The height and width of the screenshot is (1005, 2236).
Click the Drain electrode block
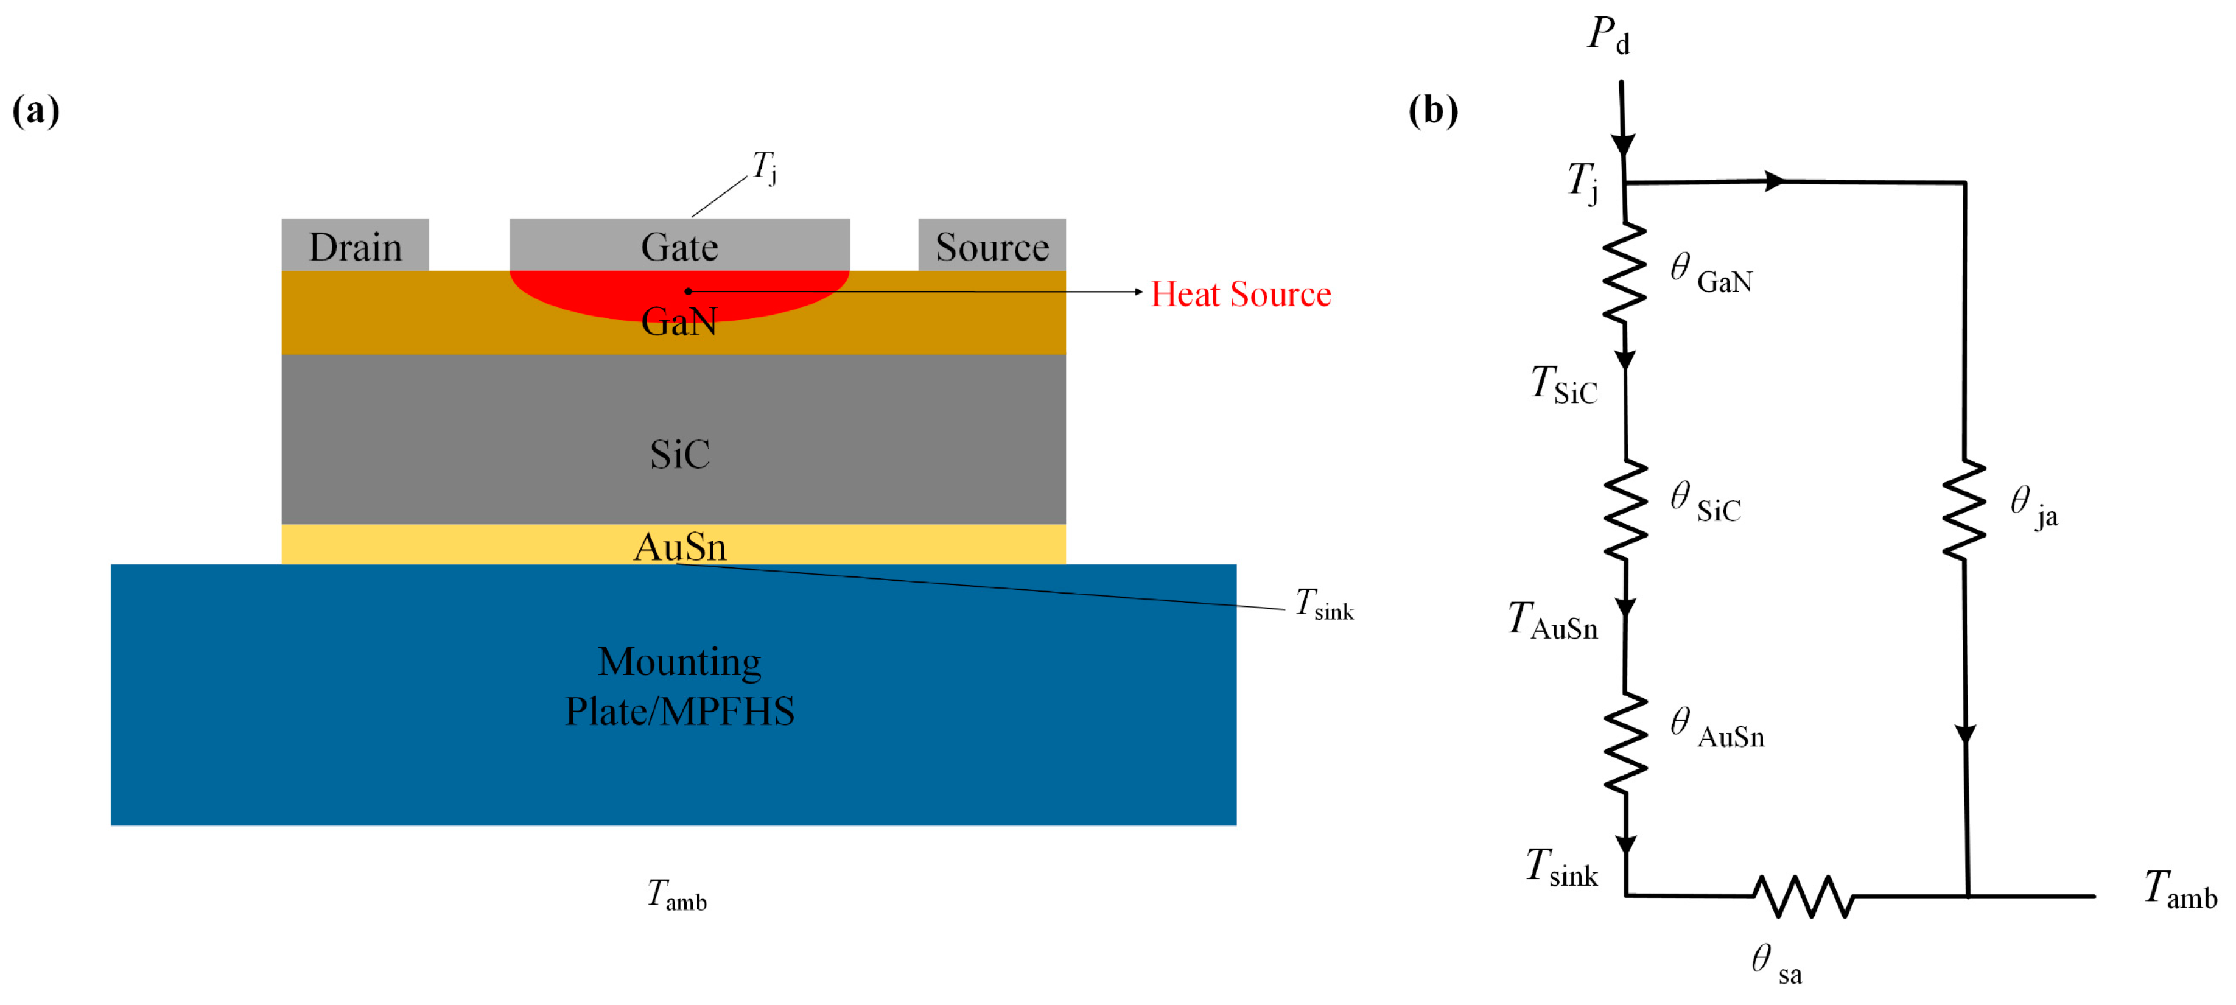(x=355, y=245)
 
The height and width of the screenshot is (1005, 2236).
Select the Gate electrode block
(x=679, y=245)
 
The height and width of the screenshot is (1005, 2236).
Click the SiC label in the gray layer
(x=679, y=454)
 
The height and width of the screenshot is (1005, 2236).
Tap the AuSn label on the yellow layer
(x=679, y=547)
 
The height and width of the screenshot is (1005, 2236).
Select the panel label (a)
(x=35, y=110)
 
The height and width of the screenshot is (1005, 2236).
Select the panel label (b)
(x=1432, y=110)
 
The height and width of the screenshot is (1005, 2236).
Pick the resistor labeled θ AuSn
(x=1625, y=743)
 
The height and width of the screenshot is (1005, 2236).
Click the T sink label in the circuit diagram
(x=1563, y=868)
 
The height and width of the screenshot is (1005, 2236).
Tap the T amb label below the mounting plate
(x=676, y=894)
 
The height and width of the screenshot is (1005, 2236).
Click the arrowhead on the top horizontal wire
(x=1774, y=181)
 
